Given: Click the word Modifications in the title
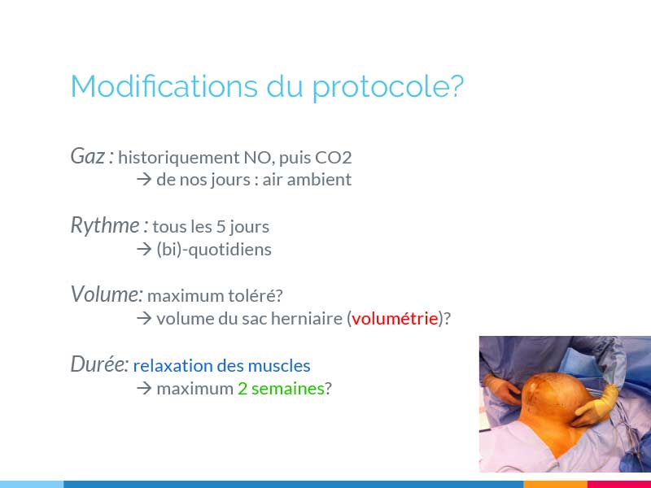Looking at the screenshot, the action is click(x=164, y=86).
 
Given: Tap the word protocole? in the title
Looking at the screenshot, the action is click(x=388, y=89).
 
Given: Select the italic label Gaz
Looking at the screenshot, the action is click(x=88, y=156).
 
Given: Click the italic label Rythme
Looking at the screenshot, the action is click(x=105, y=226).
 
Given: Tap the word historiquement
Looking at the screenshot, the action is click(x=179, y=158).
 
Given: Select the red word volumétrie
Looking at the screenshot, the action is click(x=395, y=318).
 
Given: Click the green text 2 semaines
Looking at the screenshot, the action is click(x=281, y=389).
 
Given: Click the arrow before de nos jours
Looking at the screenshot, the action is click(x=144, y=180).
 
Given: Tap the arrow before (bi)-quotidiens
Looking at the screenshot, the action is click(x=144, y=250).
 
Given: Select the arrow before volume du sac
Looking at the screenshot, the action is click(x=144, y=318).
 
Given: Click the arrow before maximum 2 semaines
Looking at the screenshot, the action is click(x=144, y=389).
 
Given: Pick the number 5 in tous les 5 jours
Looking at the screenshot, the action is click(x=221, y=227).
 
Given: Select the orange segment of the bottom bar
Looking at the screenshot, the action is click(x=556, y=484).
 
